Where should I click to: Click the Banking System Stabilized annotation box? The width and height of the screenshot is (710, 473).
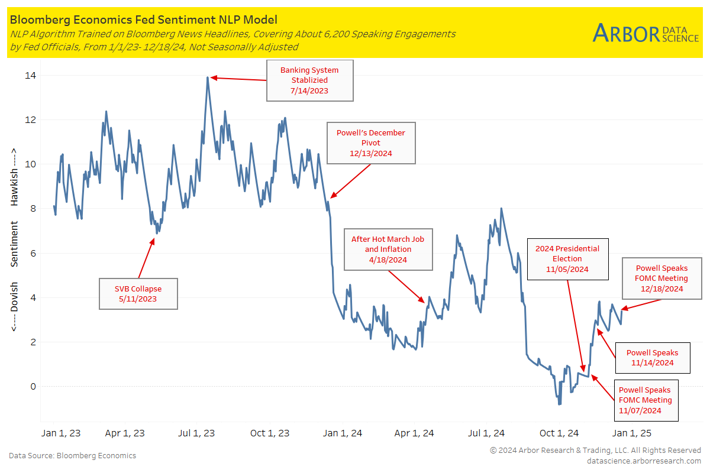point(309,80)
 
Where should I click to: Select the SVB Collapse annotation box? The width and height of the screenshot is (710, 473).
point(138,293)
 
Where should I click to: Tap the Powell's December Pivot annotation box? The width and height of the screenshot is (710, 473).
point(371,143)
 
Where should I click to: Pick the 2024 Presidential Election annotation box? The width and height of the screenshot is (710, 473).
point(567,259)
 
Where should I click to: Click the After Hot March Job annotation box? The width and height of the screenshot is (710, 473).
point(388,249)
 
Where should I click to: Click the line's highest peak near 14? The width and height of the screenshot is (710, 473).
point(208,77)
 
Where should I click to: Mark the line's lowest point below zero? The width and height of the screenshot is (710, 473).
point(559,404)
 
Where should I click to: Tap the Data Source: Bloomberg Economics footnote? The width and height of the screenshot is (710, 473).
point(72,456)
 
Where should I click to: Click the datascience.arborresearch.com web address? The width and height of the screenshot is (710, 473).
point(644,461)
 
